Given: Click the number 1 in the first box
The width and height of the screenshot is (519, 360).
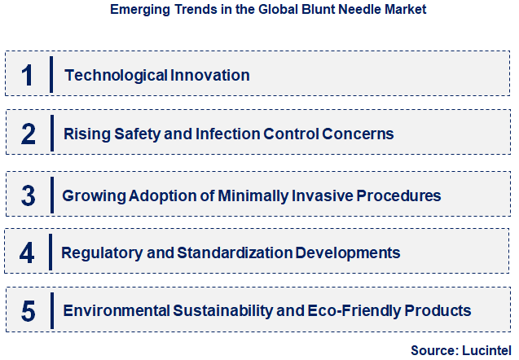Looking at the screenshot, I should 28,75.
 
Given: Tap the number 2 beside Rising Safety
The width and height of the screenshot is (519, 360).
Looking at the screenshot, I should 28,134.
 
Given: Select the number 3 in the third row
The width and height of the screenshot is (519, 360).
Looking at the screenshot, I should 29,195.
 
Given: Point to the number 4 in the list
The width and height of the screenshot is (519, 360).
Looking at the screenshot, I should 28,252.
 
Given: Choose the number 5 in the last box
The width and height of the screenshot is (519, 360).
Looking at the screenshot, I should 29,310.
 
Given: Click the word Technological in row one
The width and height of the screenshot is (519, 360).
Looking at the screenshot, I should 116,75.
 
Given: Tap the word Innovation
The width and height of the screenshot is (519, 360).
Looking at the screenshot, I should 210,75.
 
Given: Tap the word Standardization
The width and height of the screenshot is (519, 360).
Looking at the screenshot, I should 222,252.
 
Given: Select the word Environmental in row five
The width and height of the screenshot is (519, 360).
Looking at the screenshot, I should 116,310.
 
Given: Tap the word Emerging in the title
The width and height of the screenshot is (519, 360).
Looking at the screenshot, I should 136,10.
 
